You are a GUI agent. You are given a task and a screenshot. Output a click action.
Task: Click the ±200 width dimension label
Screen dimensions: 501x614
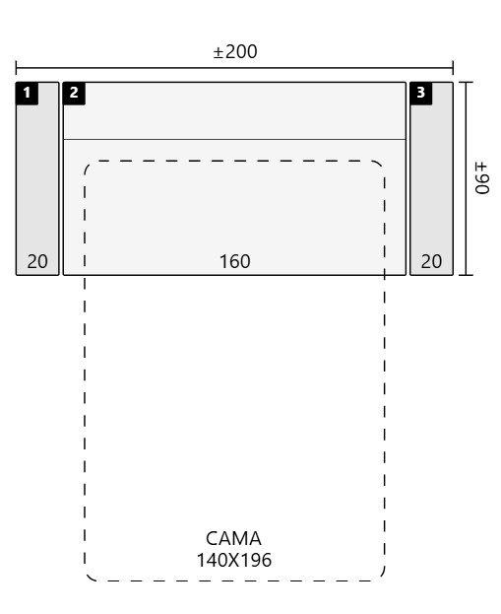click(235, 51)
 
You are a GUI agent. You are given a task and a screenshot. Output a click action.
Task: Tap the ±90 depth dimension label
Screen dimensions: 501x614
click(482, 178)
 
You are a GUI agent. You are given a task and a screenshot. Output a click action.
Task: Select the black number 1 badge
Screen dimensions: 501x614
click(27, 94)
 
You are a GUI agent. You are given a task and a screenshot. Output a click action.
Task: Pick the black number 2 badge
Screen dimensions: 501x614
click(74, 94)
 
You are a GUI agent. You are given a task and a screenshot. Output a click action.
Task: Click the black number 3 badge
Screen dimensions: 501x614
click(421, 94)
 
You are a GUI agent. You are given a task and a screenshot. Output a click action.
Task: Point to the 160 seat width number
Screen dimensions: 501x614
click(234, 261)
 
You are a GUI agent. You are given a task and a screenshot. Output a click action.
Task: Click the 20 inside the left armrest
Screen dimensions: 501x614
click(37, 261)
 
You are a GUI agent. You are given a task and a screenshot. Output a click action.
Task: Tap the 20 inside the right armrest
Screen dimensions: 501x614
click(431, 261)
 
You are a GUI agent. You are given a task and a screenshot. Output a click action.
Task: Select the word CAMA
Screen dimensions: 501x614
click(233, 538)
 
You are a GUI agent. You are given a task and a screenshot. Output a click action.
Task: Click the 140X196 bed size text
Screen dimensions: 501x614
click(234, 560)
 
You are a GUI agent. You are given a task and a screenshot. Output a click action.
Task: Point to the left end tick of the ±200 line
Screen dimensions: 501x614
click(16, 68)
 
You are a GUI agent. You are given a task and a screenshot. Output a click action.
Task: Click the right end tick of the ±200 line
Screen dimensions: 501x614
click(453, 68)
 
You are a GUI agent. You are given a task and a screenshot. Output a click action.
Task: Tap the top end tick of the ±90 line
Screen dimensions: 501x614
click(466, 82)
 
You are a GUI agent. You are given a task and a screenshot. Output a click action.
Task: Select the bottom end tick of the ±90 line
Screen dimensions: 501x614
click(466, 275)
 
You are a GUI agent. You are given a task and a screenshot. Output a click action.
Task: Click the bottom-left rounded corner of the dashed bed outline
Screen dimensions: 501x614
click(89, 577)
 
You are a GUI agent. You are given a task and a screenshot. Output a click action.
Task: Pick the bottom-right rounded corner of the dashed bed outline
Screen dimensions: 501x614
click(381, 577)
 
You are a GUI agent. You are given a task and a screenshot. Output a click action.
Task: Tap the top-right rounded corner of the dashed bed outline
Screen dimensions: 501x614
click(381, 165)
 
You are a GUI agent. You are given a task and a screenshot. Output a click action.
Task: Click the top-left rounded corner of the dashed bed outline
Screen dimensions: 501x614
click(89, 165)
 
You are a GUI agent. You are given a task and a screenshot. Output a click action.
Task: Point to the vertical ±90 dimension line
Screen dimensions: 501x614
click(466, 178)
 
